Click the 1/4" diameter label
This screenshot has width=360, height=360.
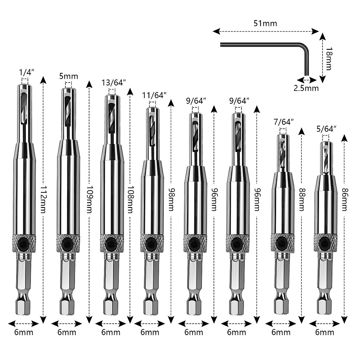coord(26,72)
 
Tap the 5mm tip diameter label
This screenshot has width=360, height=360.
coord(68,76)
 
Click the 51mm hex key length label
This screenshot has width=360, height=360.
coord(265,23)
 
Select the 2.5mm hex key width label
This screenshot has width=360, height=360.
coord(306,88)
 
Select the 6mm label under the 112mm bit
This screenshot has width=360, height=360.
coord(24,332)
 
